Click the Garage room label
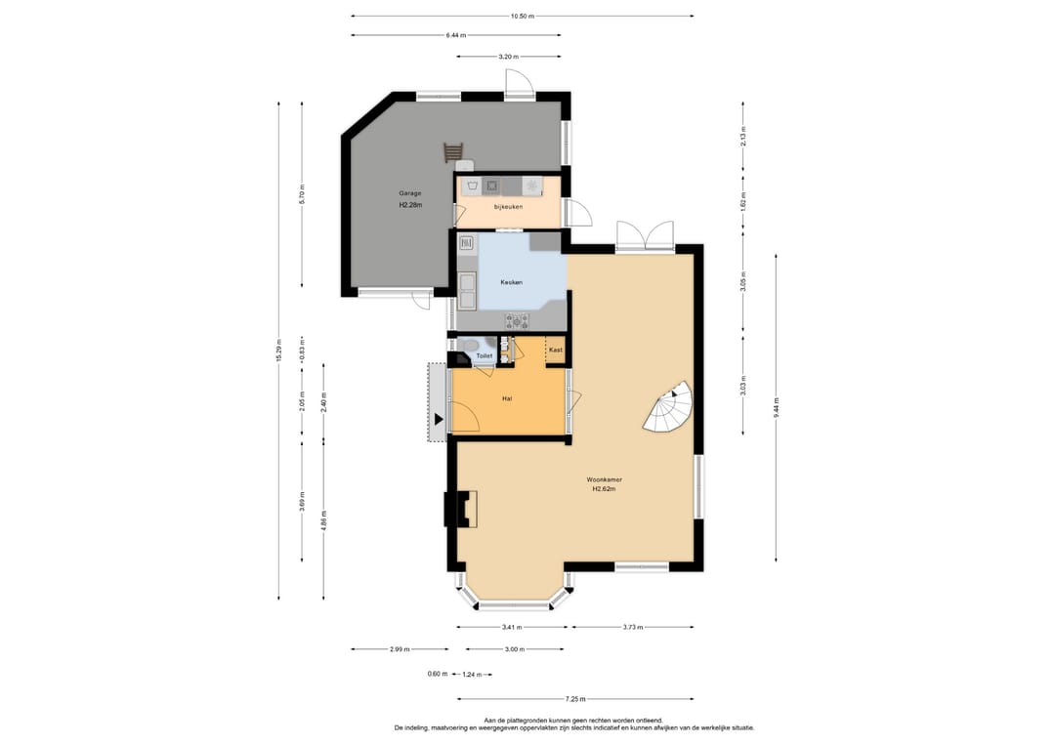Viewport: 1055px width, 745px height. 409,193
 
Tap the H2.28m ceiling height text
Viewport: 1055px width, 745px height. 409,206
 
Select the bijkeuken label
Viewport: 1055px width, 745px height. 508,207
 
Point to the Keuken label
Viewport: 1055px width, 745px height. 511,282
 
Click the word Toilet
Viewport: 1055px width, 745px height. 485,356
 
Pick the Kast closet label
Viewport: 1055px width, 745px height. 555,350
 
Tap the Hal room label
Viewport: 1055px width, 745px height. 507,398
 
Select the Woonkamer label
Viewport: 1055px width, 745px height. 605,479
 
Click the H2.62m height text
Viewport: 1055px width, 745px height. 605,490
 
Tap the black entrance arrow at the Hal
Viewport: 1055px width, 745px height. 440,420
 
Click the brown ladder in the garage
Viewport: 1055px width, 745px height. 452,152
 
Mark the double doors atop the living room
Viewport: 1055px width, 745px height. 645,236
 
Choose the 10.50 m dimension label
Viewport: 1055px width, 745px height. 522,16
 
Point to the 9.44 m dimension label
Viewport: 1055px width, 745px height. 777,406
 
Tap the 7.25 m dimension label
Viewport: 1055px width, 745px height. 576,699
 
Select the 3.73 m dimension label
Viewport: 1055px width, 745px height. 632,627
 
